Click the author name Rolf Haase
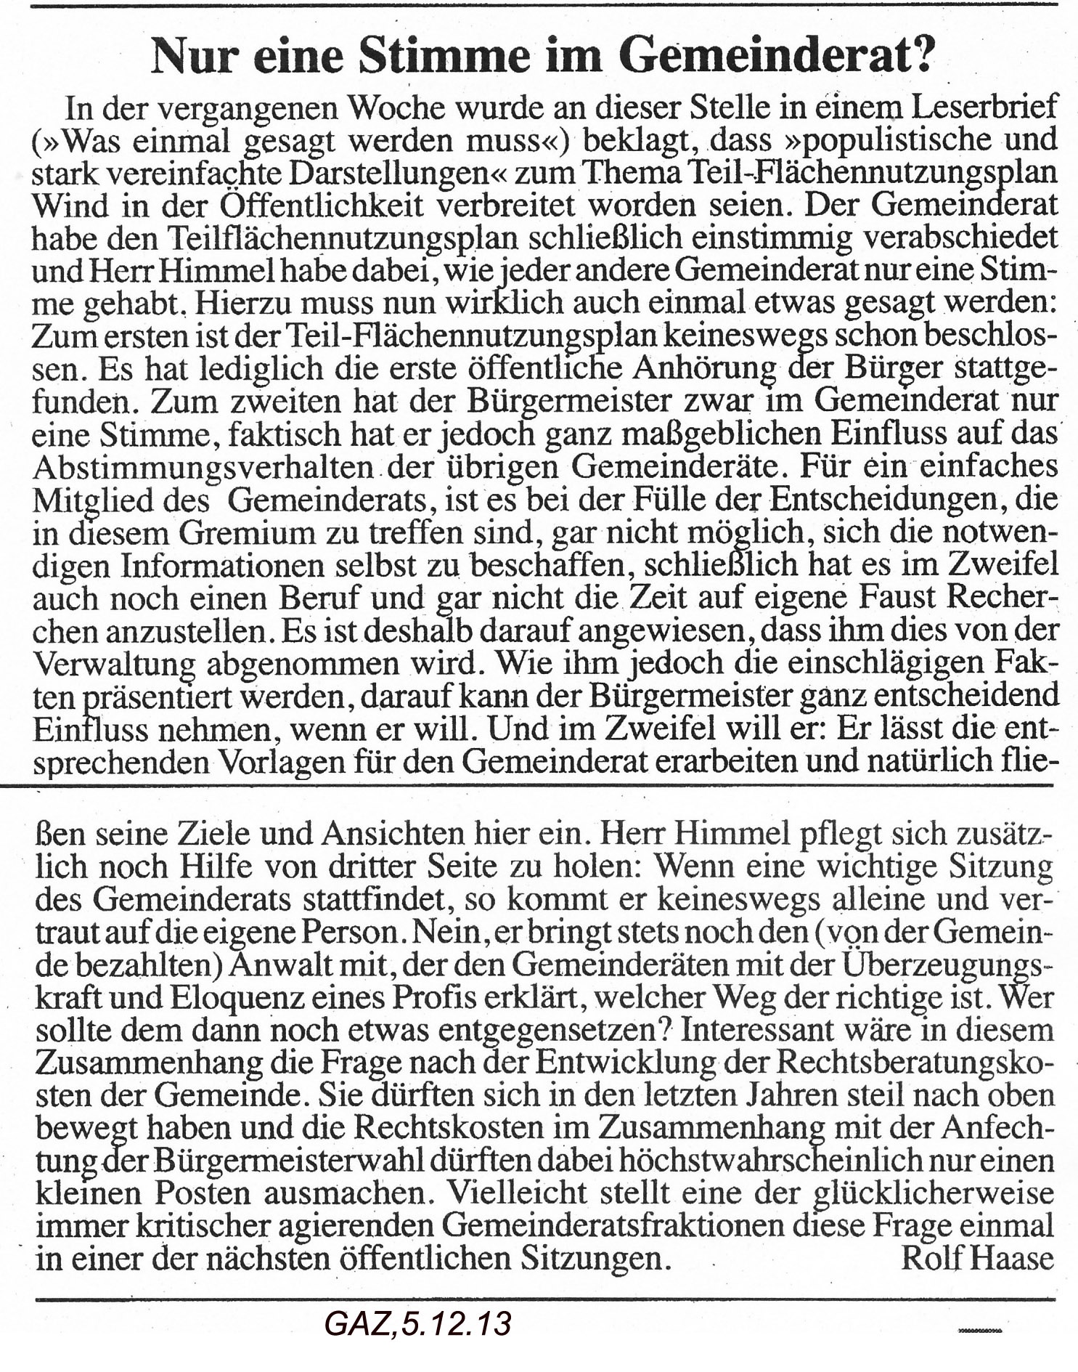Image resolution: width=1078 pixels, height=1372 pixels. click(x=976, y=1259)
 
